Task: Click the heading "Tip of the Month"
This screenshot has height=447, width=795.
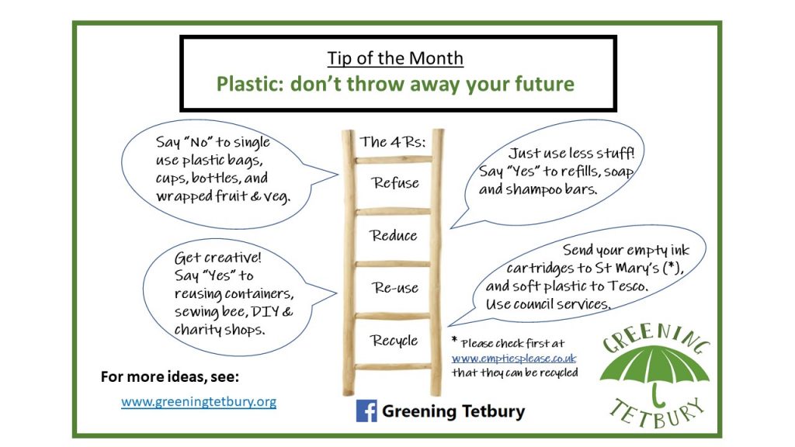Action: pyautogui.click(x=395, y=58)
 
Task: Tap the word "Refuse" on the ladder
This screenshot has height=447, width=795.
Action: pyautogui.click(x=395, y=182)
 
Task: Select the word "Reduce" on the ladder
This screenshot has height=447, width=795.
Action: pyautogui.click(x=394, y=235)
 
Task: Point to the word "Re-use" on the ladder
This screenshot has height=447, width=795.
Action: pyautogui.click(x=395, y=288)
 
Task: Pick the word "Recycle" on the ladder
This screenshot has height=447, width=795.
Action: pyautogui.click(x=394, y=341)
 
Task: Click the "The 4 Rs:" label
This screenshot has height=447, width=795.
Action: pyautogui.click(x=393, y=142)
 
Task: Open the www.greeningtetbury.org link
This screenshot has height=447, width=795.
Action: pyautogui.click(x=199, y=402)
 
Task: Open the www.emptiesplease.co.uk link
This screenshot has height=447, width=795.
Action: pyautogui.click(x=514, y=359)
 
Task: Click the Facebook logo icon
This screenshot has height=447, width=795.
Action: pyautogui.click(x=366, y=411)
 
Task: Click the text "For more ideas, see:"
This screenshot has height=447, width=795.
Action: pyautogui.click(x=170, y=377)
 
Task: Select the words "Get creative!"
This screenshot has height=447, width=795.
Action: pyautogui.click(x=218, y=258)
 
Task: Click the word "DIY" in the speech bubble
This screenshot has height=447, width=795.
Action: pyautogui.click(x=262, y=312)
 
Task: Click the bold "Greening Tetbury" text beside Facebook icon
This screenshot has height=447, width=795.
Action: pyautogui.click(x=453, y=411)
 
